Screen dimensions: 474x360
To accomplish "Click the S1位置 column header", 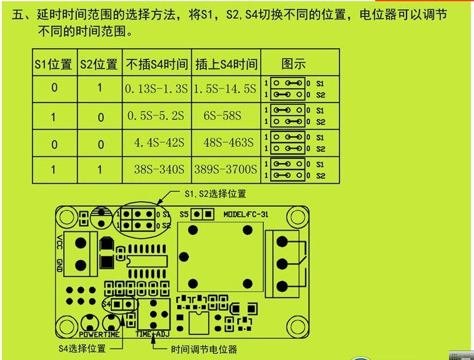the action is click(x=54, y=64).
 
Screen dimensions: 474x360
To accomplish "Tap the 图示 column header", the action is click(x=293, y=64).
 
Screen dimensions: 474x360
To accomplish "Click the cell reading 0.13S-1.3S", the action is click(x=156, y=89).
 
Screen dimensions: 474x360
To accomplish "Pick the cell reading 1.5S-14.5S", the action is click(x=226, y=89).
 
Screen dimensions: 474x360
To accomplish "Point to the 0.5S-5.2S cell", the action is click(x=156, y=116).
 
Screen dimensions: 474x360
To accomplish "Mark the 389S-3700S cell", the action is click(x=226, y=169).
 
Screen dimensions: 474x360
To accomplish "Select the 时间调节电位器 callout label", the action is click(x=204, y=349).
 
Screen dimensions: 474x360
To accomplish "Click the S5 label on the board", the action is click(x=184, y=214).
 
